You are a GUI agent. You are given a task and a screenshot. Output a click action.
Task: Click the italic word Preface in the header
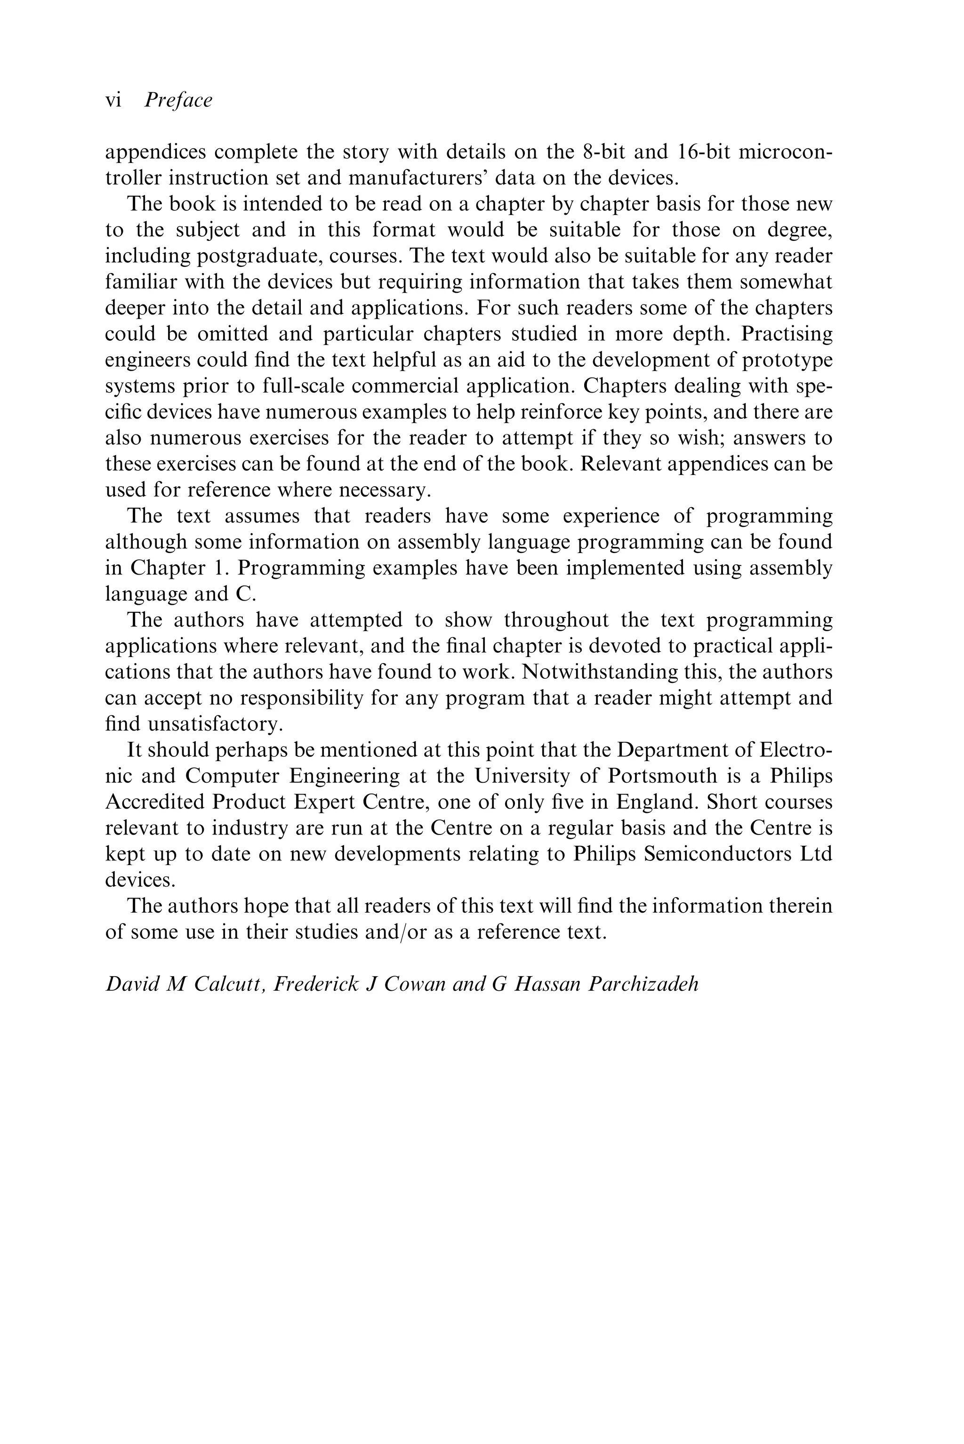pos(178,100)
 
